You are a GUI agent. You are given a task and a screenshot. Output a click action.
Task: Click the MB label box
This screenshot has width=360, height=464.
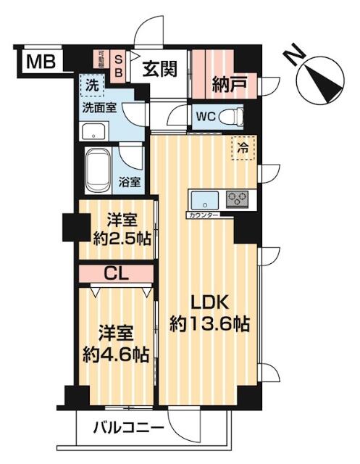35,63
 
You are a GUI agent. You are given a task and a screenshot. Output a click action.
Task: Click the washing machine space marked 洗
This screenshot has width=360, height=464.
92,84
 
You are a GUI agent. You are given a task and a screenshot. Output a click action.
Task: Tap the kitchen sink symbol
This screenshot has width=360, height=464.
204,199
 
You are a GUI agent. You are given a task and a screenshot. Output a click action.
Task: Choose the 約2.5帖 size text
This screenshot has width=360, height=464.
117,240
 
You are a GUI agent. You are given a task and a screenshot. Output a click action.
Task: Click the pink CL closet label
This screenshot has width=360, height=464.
116,274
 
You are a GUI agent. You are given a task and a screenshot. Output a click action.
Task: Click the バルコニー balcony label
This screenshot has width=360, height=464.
128,429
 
